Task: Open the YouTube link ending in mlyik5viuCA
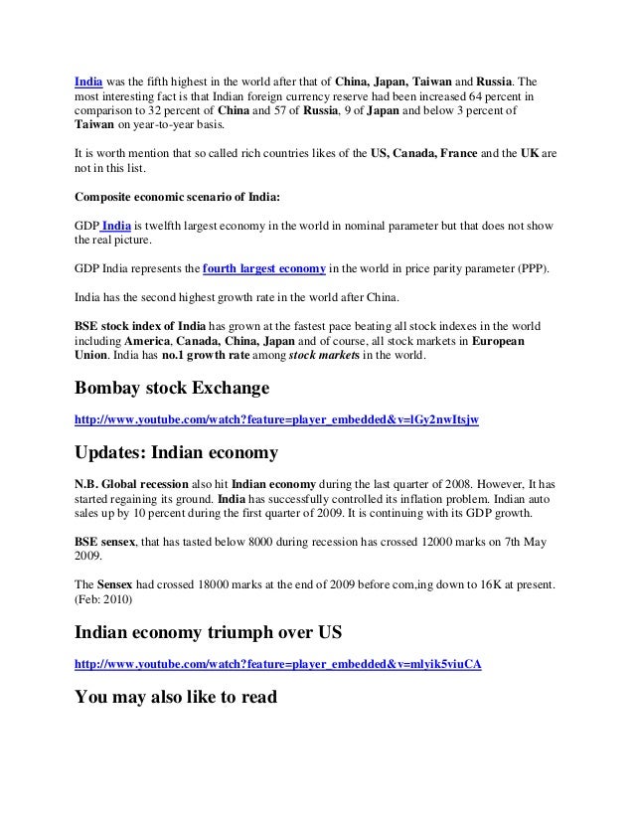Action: point(279,663)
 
